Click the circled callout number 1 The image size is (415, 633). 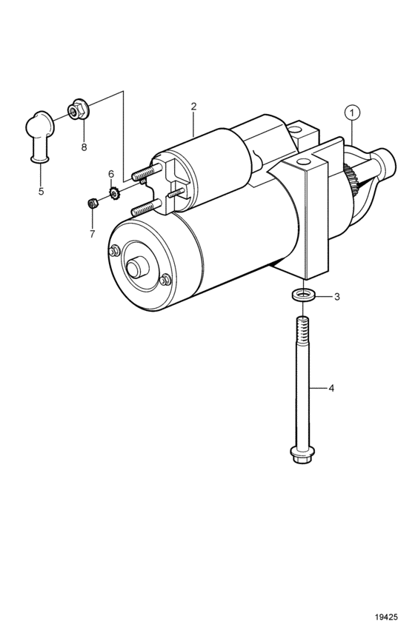(x=352, y=113)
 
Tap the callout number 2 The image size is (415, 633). (x=194, y=107)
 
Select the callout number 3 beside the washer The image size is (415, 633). (x=336, y=297)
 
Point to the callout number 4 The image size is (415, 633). (x=331, y=389)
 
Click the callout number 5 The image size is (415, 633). (x=41, y=191)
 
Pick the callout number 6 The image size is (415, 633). (x=111, y=174)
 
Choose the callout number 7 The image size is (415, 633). (x=92, y=234)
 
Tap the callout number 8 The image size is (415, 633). (x=84, y=147)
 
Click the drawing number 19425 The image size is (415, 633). (x=386, y=617)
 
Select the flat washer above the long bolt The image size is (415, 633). (x=303, y=295)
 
